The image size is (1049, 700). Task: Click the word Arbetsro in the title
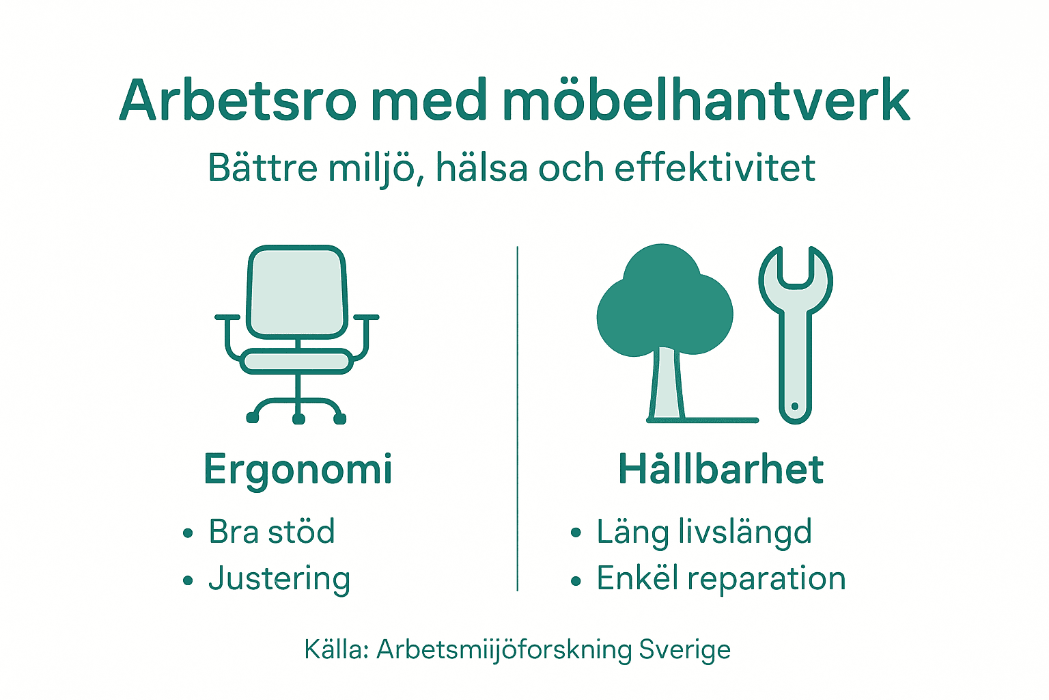click(x=238, y=100)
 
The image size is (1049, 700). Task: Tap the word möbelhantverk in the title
click(x=706, y=100)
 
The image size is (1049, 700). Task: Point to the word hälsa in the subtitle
click(x=481, y=168)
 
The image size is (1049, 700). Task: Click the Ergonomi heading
click(x=298, y=470)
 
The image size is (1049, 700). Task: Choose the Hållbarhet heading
click(x=721, y=470)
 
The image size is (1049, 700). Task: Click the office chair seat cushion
click(x=297, y=361)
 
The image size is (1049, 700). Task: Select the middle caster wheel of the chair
click(x=298, y=418)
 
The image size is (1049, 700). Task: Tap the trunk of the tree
click(x=666, y=383)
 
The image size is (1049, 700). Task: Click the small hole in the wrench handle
click(x=794, y=407)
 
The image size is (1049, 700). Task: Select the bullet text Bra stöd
click(x=272, y=532)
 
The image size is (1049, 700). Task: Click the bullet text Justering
click(x=279, y=578)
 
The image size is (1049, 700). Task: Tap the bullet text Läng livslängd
click(x=704, y=532)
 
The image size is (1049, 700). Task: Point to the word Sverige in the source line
click(x=684, y=649)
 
